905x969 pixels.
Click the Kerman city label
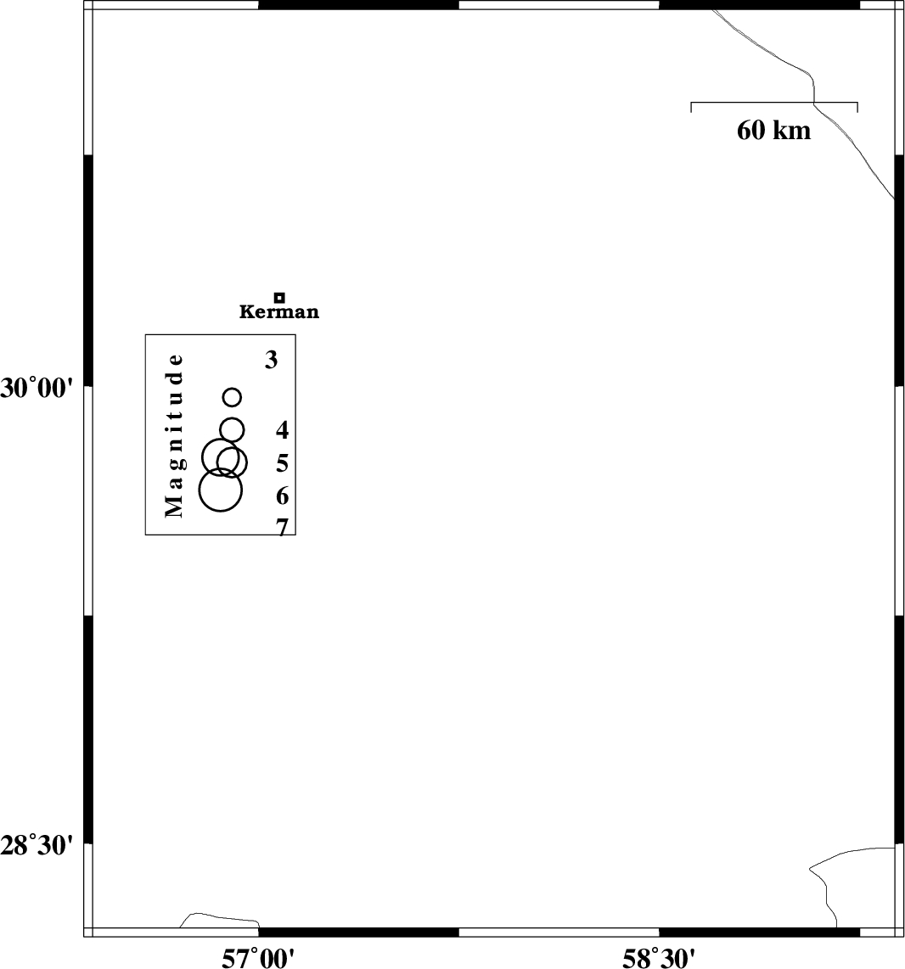click(279, 311)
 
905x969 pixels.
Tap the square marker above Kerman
click(279, 297)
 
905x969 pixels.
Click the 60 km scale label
click(773, 131)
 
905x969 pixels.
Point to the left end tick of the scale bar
click(691, 108)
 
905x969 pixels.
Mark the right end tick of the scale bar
click(857, 108)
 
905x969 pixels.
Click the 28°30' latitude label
click(37, 846)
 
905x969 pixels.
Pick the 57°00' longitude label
click(258, 959)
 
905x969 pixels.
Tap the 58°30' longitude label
click(659, 959)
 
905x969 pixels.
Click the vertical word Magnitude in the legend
click(174, 435)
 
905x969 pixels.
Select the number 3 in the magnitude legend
click(272, 359)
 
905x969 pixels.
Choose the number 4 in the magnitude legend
click(283, 429)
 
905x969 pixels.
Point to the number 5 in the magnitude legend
click(283, 462)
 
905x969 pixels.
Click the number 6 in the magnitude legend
click(283, 496)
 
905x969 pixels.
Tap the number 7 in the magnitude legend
click(283, 527)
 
